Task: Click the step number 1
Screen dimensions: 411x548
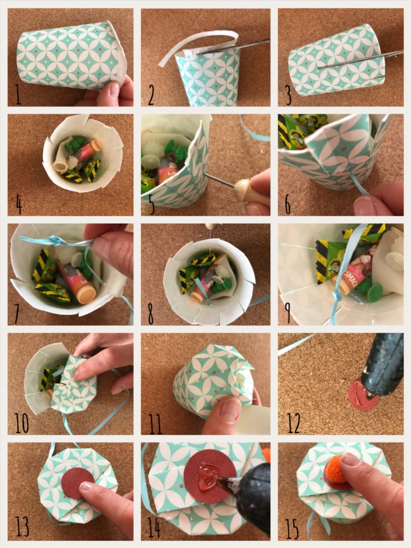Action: (x=17, y=94)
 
